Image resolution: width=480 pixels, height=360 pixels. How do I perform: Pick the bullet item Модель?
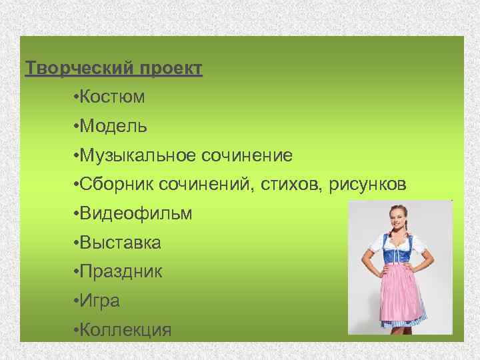[113, 126]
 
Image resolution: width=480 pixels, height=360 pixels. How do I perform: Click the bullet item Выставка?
[120, 243]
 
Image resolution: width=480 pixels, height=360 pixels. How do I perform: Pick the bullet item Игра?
[100, 301]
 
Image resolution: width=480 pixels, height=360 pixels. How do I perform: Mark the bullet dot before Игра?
[77, 301]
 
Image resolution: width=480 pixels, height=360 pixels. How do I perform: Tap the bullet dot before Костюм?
[77, 98]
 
